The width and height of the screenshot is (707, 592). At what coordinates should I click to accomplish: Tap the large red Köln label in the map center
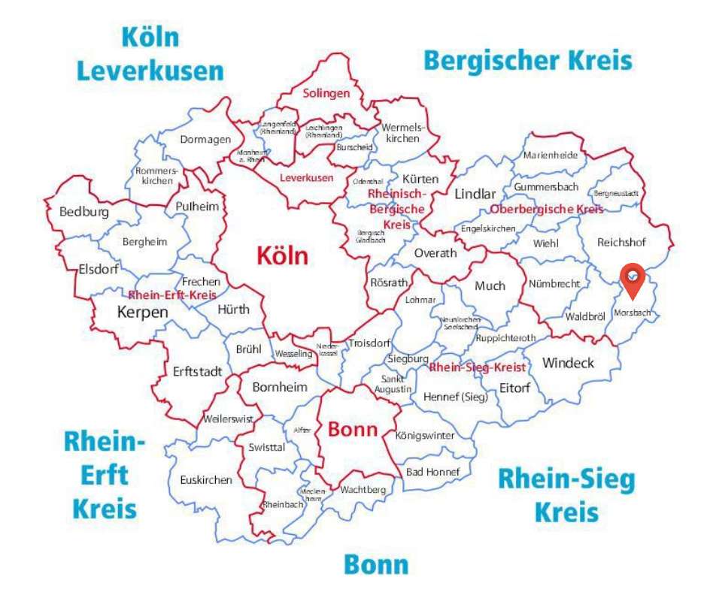282,256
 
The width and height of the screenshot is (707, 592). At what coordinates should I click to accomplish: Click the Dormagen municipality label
205,139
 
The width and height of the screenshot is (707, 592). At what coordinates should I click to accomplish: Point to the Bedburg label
83,212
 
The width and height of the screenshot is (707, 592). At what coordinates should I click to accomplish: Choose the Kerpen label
143,311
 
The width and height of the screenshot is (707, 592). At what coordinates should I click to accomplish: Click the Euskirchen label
206,480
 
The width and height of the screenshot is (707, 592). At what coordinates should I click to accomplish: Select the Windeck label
568,364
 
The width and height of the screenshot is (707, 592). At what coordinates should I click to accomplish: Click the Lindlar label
475,194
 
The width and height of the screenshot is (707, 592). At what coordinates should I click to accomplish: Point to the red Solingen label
326,94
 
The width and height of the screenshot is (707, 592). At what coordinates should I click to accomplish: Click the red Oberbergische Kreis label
546,209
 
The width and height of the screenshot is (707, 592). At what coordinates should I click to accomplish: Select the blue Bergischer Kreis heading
527,60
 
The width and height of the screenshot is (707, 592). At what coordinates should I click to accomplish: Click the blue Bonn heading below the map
376,564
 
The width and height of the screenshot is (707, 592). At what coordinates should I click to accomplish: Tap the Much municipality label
490,285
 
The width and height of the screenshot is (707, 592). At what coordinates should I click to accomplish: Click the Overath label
435,253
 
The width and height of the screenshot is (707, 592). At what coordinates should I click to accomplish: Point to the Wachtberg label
363,490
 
